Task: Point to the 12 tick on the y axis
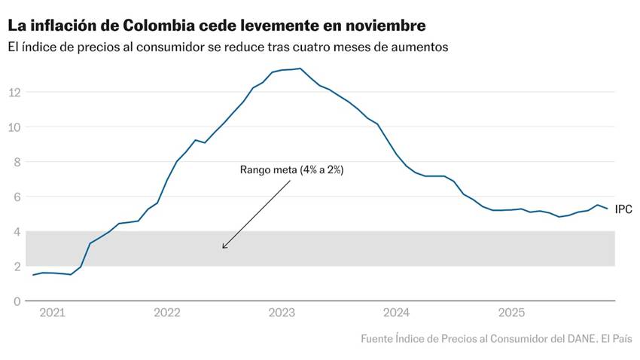click(x=14, y=92)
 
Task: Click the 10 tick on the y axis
click(x=14, y=127)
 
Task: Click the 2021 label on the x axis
click(x=51, y=313)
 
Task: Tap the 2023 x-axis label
click(x=281, y=313)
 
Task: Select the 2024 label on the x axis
click(x=396, y=313)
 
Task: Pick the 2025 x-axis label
click(x=511, y=313)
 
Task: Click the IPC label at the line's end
click(x=623, y=209)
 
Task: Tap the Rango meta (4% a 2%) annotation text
click(x=291, y=170)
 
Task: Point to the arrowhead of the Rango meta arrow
click(x=224, y=247)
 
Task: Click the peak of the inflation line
click(x=300, y=69)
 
